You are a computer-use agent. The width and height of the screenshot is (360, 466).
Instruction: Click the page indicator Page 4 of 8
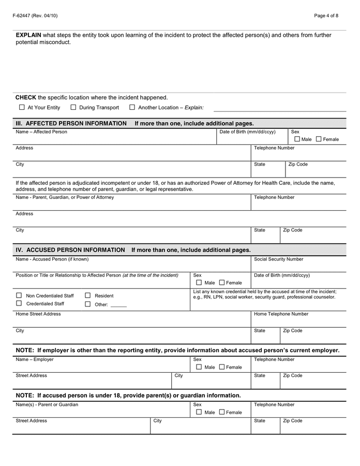(x=326, y=16)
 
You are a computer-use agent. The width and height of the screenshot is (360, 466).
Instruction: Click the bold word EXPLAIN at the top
(x=28, y=35)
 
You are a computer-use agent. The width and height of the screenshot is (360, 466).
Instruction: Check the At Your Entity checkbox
(x=22, y=108)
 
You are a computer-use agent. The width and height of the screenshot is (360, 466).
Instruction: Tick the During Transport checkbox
(x=73, y=108)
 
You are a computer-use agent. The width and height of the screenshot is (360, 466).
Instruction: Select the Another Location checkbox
(x=132, y=108)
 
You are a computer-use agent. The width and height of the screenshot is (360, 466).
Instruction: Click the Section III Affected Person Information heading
(x=71, y=124)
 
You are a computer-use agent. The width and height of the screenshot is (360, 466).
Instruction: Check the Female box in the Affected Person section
(x=319, y=139)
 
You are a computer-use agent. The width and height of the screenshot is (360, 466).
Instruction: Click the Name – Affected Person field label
(x=41, y=132)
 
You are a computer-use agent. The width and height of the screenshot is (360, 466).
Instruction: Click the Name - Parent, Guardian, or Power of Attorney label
(x=65, y=197)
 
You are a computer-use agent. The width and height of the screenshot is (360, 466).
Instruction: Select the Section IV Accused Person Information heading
(x=70, y=250)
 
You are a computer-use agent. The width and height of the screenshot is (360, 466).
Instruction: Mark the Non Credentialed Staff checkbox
(x=19, y=296)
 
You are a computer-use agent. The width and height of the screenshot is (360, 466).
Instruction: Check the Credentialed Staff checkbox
(x=19, y=303)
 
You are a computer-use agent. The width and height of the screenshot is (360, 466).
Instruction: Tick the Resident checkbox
(x=88, y=296)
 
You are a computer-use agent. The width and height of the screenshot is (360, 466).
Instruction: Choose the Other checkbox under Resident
(x=88, y=304)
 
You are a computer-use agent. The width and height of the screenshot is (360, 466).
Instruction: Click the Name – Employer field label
(x=35, y=359)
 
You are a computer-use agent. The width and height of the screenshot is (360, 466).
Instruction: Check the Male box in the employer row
(x=199, y=367)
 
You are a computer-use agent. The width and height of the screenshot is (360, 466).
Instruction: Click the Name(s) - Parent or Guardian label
(x=47, y=405)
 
